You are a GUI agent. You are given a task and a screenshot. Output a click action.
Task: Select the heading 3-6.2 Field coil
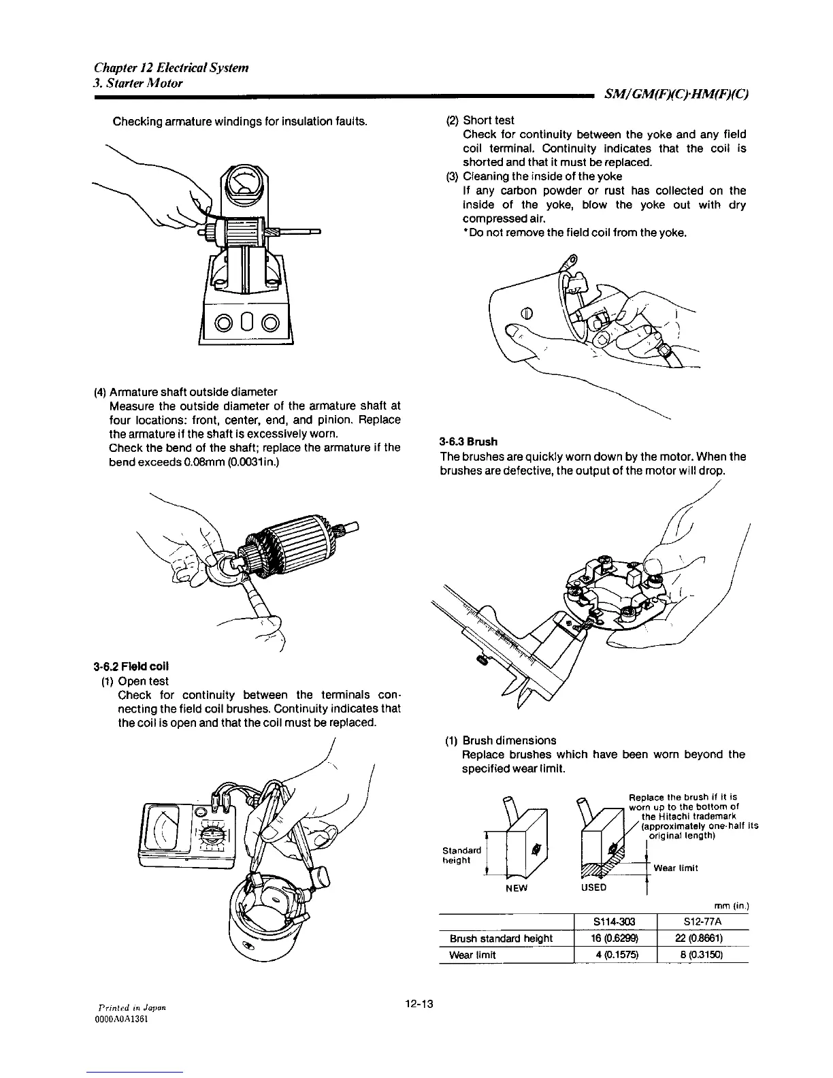[x=131, y=665]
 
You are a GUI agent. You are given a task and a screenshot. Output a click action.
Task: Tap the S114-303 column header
[x=615, y=922]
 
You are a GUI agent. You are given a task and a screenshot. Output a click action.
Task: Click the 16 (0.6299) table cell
[x=615, y=938]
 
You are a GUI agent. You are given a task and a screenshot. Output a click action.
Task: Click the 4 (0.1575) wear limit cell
[x=615, y=955]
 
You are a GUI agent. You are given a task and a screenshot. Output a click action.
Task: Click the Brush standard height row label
[x=501, y=938]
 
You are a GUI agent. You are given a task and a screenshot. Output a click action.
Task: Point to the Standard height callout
[x=462, y=855]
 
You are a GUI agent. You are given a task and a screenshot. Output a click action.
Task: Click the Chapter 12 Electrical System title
[x=171, y=68]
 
